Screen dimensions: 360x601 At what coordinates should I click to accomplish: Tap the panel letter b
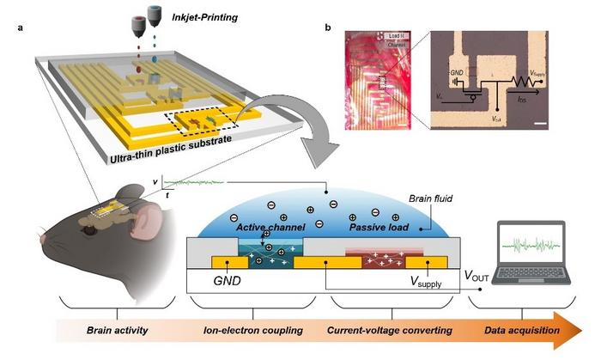point(329,29)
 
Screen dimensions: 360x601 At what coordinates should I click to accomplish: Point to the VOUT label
point(483,277)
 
